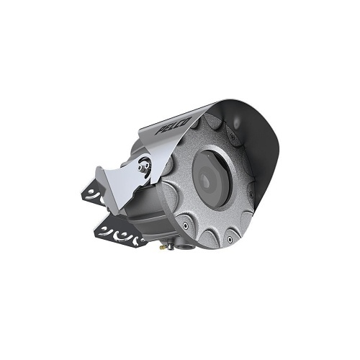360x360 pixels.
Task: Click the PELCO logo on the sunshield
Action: click(x=174, y=125)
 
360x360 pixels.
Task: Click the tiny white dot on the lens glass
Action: click(x=208, y=156)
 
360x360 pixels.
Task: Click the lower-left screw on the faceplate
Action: click(x=184, y=225)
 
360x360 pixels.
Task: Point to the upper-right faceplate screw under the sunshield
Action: click(x=231, y=136)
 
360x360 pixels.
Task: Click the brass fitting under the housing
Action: click(x=162, y=246)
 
